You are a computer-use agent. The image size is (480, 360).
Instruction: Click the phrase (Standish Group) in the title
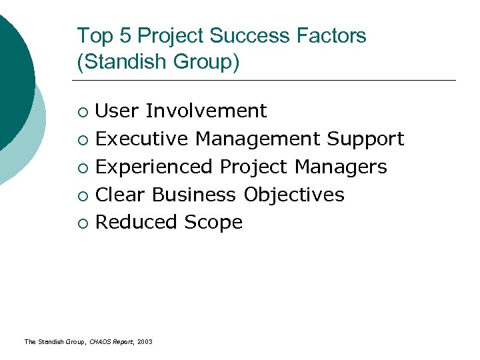[158, 63]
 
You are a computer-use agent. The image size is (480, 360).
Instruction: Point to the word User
[117, 111]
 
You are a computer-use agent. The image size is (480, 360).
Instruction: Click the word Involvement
[206, 111]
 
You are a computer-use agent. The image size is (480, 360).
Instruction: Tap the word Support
[365, 139]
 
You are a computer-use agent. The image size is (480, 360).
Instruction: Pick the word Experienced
[155, 167]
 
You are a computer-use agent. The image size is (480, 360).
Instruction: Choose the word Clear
[121, 195]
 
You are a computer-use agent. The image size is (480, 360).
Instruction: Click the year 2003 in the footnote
[145, 342]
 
